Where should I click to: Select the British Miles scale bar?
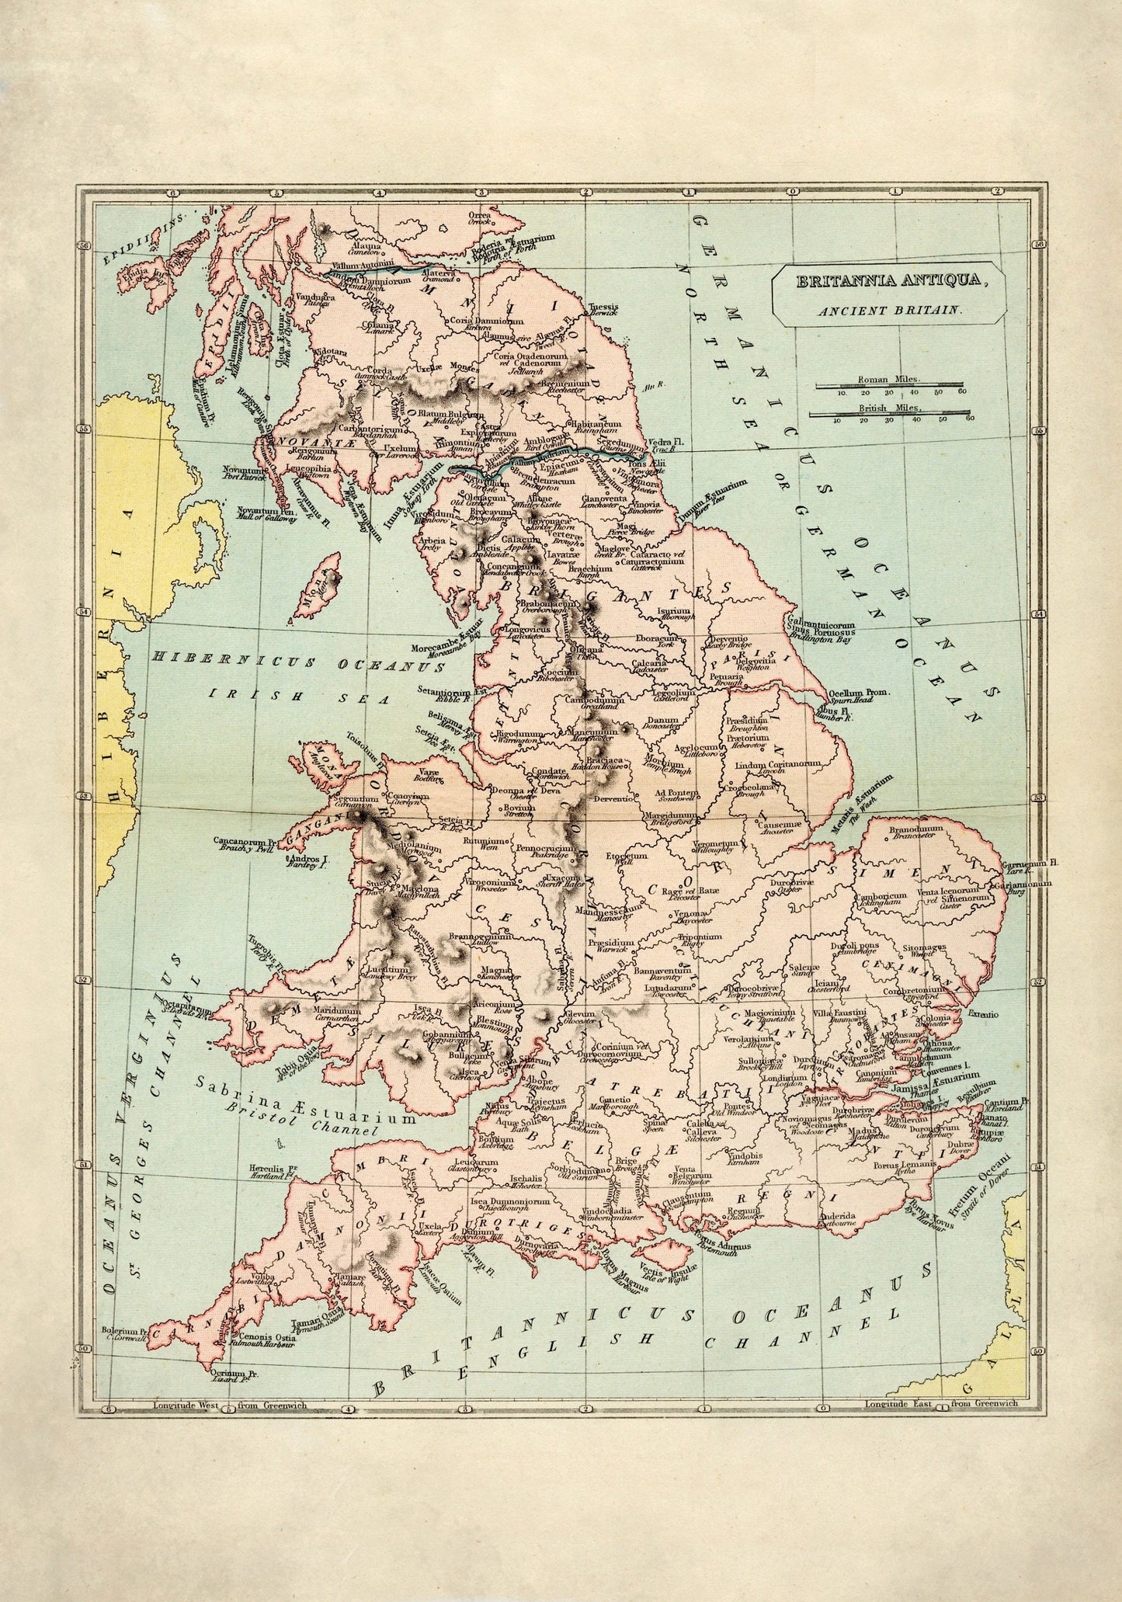[x=889, y=412]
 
